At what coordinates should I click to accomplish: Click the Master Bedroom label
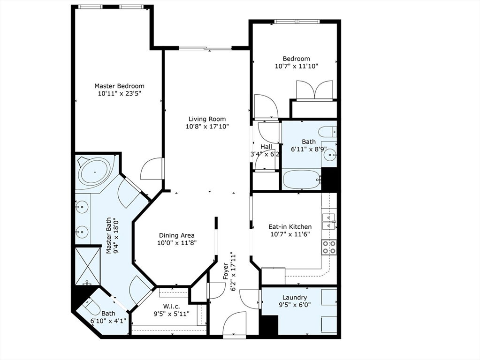[119, 86]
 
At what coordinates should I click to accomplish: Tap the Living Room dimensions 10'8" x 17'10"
[207, 126]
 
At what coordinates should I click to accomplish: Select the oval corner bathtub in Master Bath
[95, 171]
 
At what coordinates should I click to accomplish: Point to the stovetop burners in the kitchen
[329, 247]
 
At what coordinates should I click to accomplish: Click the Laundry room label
[295, 297]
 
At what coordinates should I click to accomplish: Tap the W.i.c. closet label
[171, 306]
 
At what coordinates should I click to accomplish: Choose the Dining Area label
[176, 235]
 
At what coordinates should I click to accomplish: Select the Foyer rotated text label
[226, 270]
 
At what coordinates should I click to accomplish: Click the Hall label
[266, 147]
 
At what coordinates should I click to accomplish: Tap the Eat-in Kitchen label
[290, 227]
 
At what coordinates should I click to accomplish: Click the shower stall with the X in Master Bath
[88, 266]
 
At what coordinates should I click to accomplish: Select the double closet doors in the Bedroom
[314, 90]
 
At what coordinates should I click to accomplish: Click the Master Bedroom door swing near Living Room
[152, 169]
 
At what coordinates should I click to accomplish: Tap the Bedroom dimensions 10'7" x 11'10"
[297, 66]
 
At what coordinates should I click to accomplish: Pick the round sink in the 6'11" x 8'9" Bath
[330, 155]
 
